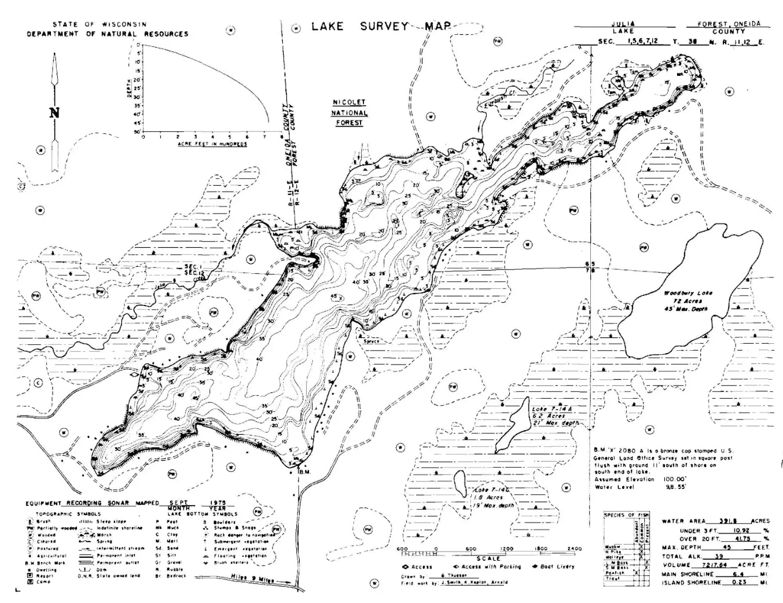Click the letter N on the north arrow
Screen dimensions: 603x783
(54, 113)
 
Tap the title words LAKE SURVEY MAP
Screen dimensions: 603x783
(380, 27)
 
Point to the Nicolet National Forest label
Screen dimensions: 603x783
(349, 112)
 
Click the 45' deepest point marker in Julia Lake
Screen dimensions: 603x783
(334, 296)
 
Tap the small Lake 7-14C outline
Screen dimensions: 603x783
(461, 483)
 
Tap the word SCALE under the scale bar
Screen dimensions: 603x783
(489, 558)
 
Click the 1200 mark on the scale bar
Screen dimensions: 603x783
(506, 549)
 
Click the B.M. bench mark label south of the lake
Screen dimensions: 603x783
(305, 472)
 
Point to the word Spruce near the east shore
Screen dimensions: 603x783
(371, 341)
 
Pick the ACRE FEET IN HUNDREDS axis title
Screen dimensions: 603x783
(212, 144)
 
